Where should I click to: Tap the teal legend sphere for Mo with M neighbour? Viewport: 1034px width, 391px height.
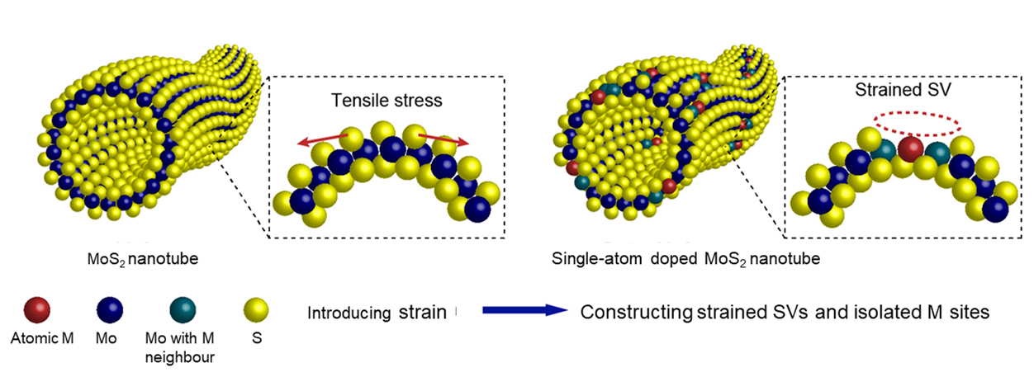pyautogui.click(x=186, y=309)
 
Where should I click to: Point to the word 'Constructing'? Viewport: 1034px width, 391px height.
pyautogui.click(x=634, y=313)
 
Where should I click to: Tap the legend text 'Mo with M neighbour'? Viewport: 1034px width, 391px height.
pyautogui.click(x=186, y=346)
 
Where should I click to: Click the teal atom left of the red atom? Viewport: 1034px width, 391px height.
pyautogui.click(x=885, y=149)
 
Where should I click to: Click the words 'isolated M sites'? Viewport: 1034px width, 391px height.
pyautogui.click(x=938, y=313)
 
